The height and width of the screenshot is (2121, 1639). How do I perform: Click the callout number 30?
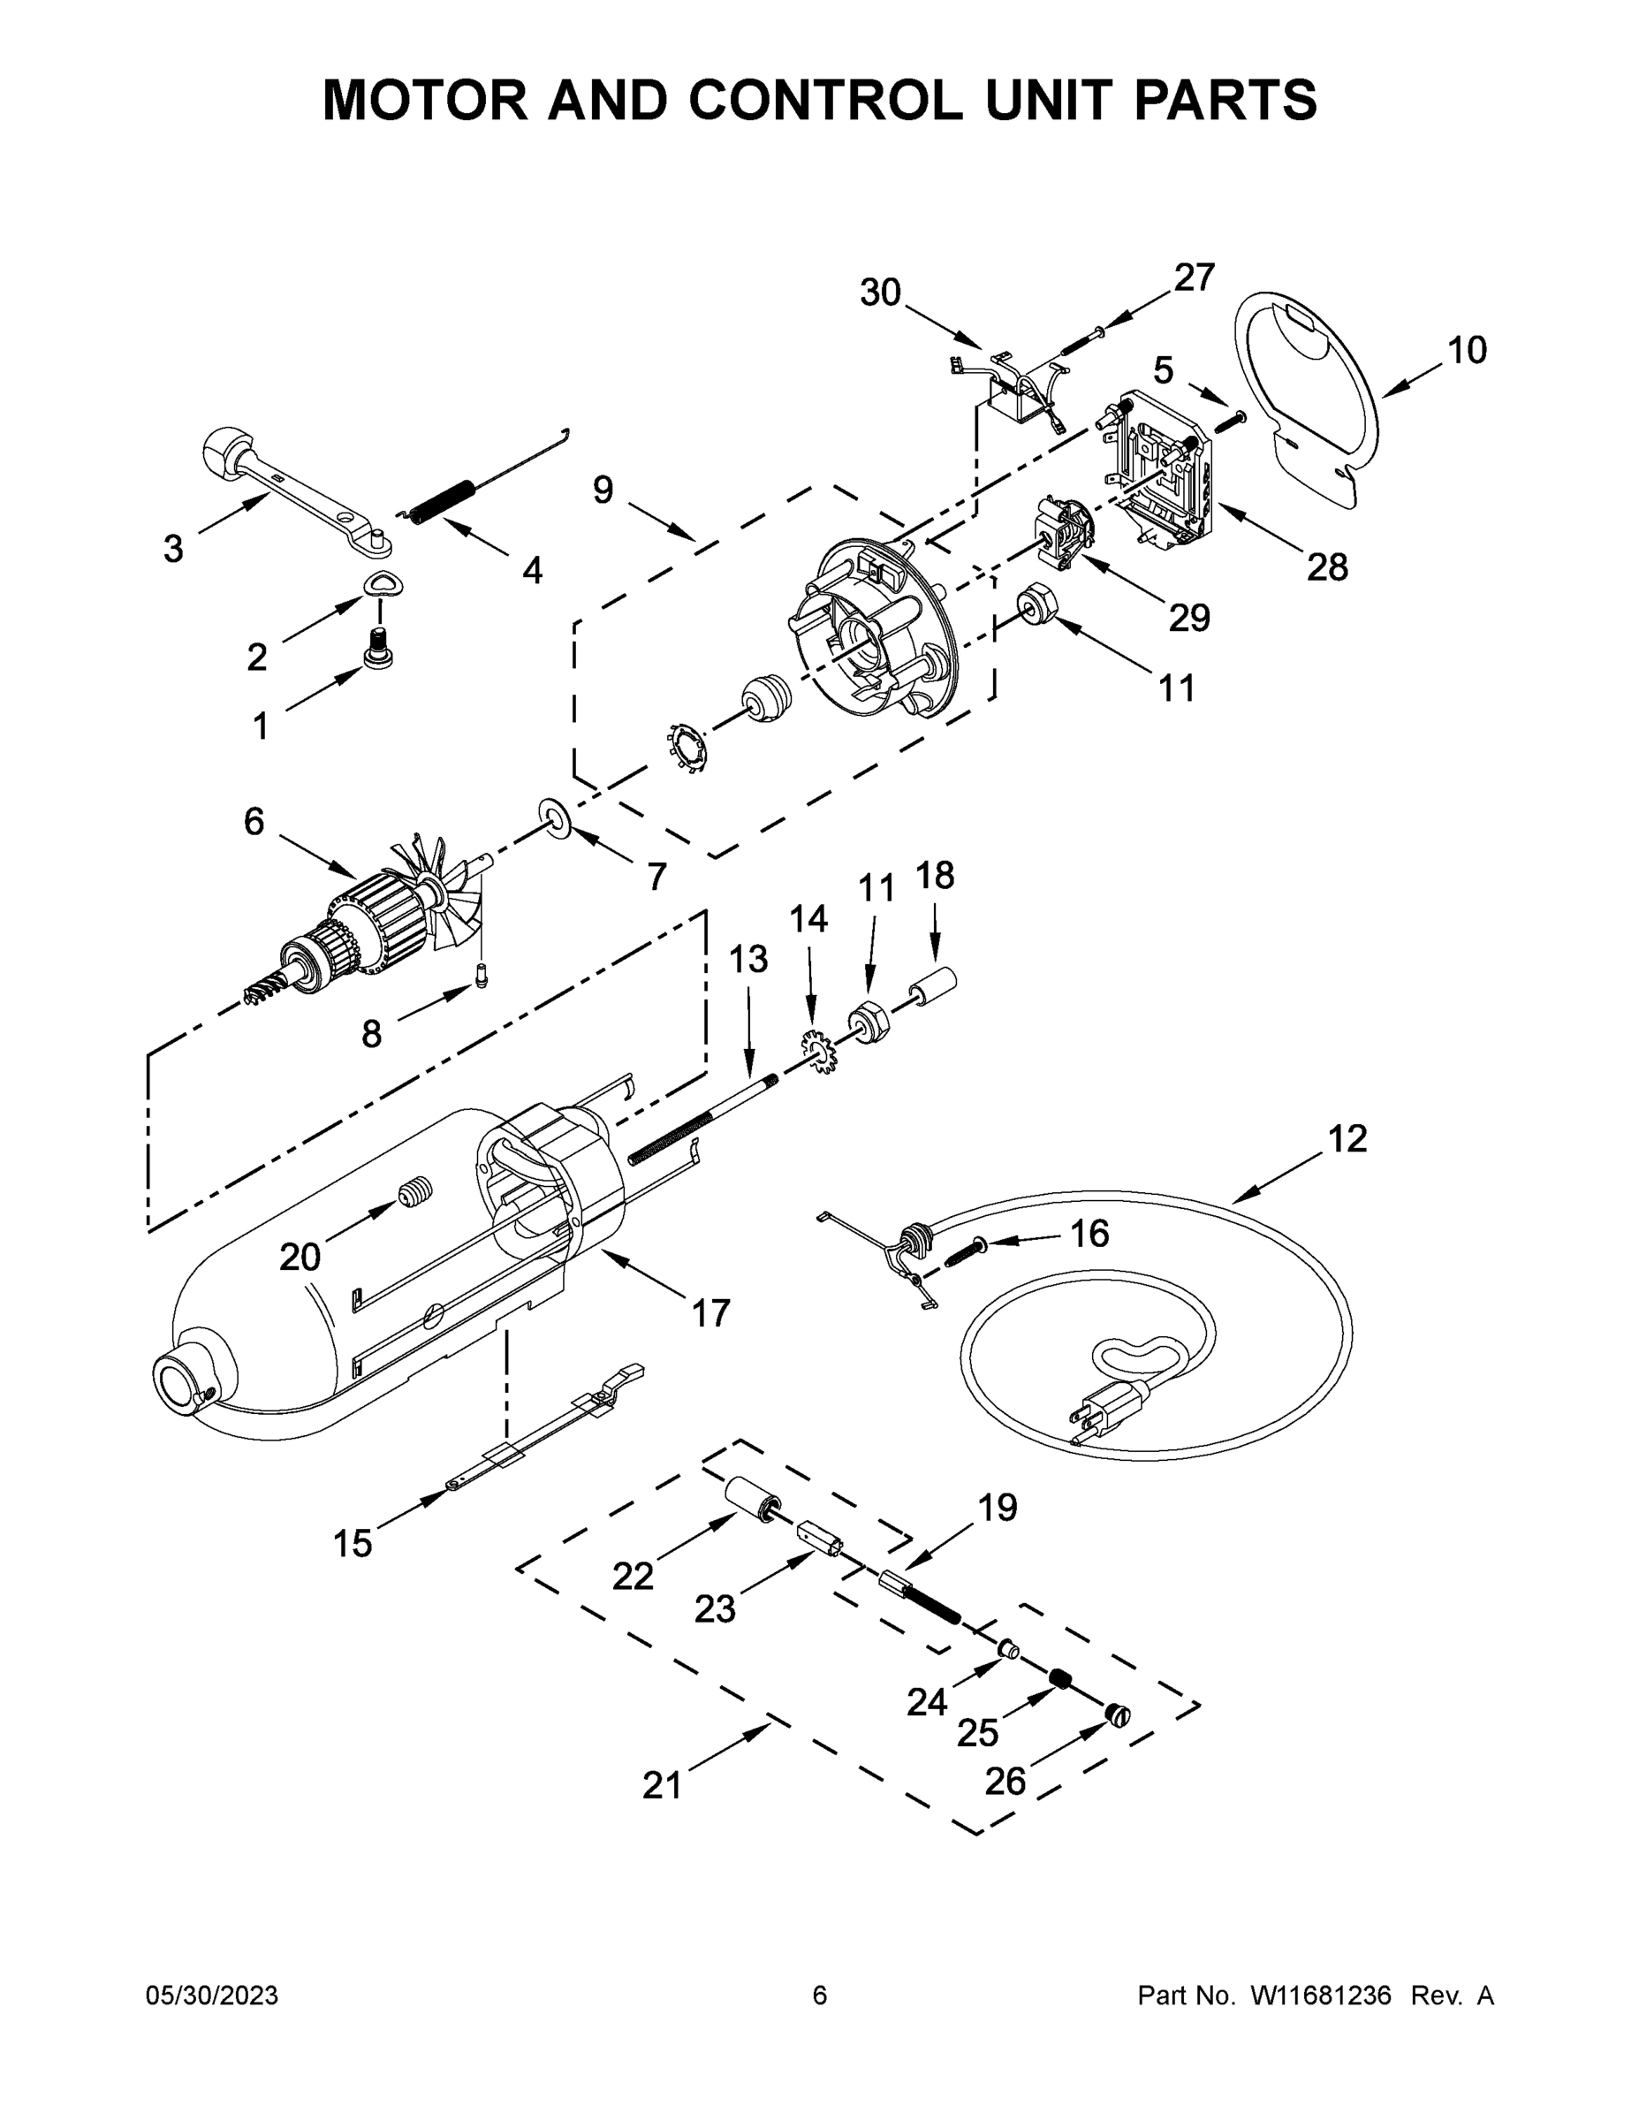(x=880, y=293)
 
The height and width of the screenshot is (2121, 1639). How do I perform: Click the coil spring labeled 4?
(x=443, y=501)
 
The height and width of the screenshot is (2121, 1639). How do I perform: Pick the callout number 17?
(x=709, y=1313)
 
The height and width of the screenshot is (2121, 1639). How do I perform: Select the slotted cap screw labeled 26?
(x=1119, y=1717)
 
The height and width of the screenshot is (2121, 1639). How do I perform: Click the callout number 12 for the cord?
(x=1347, y=1138)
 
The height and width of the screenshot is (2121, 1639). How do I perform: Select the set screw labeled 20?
(x=414, y=1194)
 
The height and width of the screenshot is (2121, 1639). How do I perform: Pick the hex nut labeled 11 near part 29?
(x=1039, y=607)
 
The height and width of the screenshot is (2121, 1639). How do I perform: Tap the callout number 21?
(x=661, y=1785)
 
